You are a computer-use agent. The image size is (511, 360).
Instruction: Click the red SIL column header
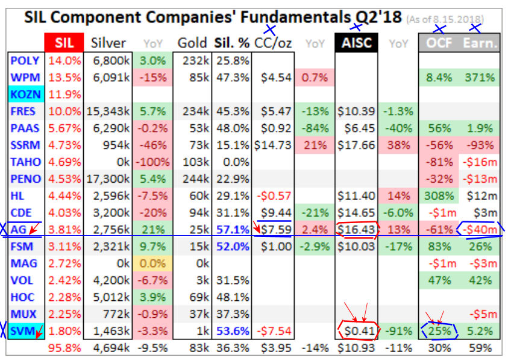(64, 43)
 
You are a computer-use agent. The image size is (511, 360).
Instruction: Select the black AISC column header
(356, 43)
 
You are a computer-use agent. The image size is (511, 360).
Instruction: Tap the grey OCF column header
(439, 43)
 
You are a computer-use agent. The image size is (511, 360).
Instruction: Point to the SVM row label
(25, 330)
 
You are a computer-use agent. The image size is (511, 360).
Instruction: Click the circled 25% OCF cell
(439, 330)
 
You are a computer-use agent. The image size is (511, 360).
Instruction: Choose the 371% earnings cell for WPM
(480, 78)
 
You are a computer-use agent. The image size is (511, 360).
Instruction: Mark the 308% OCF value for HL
(439, 196)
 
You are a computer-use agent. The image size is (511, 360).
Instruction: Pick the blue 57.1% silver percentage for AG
(233, 230)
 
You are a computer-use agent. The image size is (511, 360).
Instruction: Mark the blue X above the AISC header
(356, 26)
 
